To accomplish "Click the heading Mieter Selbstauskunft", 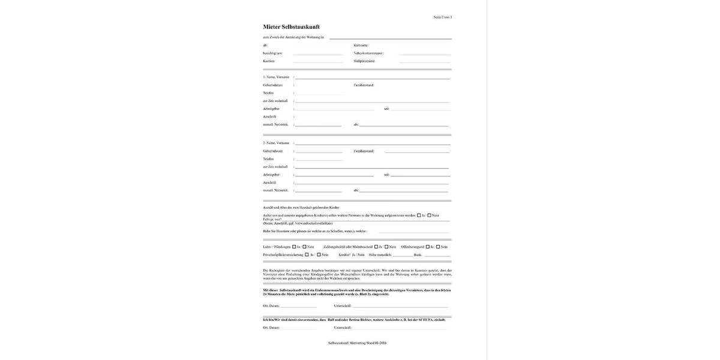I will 291,27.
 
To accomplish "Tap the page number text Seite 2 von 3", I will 443,17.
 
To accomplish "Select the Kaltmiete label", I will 361,45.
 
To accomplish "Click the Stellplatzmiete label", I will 364,61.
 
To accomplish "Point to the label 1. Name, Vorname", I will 276,77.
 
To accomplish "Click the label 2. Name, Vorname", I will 276,143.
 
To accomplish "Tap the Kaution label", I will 269,61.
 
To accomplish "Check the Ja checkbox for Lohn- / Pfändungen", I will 294,247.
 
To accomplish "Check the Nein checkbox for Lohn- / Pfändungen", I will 304,247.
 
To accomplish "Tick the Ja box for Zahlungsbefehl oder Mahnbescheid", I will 376,247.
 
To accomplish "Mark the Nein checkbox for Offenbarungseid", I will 438,247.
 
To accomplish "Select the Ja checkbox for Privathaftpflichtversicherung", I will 307,254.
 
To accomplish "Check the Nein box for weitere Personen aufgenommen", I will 429,215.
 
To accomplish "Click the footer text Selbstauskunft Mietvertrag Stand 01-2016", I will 357,343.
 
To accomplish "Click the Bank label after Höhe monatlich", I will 418,254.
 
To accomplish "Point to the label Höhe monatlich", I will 380,254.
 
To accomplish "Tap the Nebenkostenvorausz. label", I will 368,53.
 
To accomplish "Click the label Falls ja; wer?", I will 272,219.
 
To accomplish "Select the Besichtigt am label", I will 272,53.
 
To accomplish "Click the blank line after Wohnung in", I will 390,38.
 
